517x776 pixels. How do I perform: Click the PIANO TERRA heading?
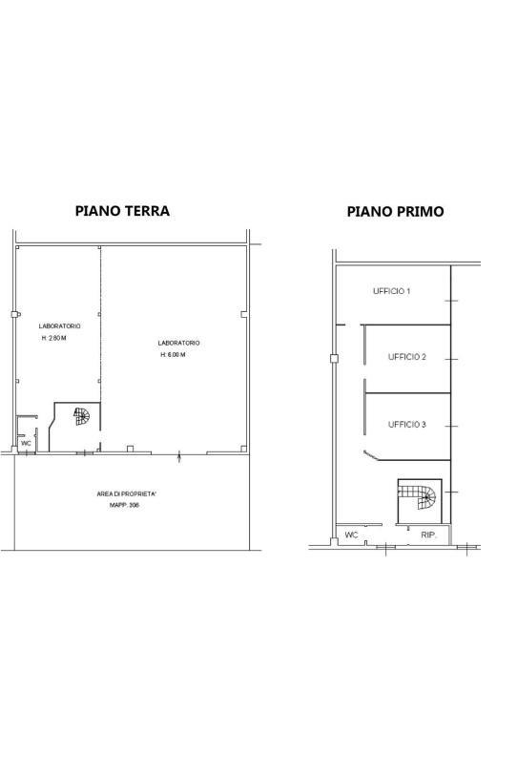coord(122,211)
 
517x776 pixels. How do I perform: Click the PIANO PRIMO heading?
coord(395,212)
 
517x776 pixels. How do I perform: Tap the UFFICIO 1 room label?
coord(391,291)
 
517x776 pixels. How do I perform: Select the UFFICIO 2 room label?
coord(407,357)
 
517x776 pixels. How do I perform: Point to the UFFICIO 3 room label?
coord(407,424)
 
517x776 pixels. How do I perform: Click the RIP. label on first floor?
coord(428,535)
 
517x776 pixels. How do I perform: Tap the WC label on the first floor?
coord(351,535)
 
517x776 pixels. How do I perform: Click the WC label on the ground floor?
coord(26,444)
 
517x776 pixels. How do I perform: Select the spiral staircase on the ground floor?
coord(82,416)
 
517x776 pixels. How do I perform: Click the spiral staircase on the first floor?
coord(418,497)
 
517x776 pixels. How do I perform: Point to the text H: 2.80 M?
coord(53,339)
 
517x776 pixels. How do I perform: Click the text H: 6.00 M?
coord(173,355)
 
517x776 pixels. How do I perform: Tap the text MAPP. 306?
coord(124,505)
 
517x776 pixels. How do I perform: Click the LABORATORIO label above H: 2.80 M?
coord(59,326)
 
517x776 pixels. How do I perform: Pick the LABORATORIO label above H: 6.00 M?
coord(178,343)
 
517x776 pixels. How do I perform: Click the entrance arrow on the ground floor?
coord(179,457)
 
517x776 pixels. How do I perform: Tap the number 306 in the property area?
coord(134,505)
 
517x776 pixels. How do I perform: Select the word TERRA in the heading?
coord(147,211)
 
